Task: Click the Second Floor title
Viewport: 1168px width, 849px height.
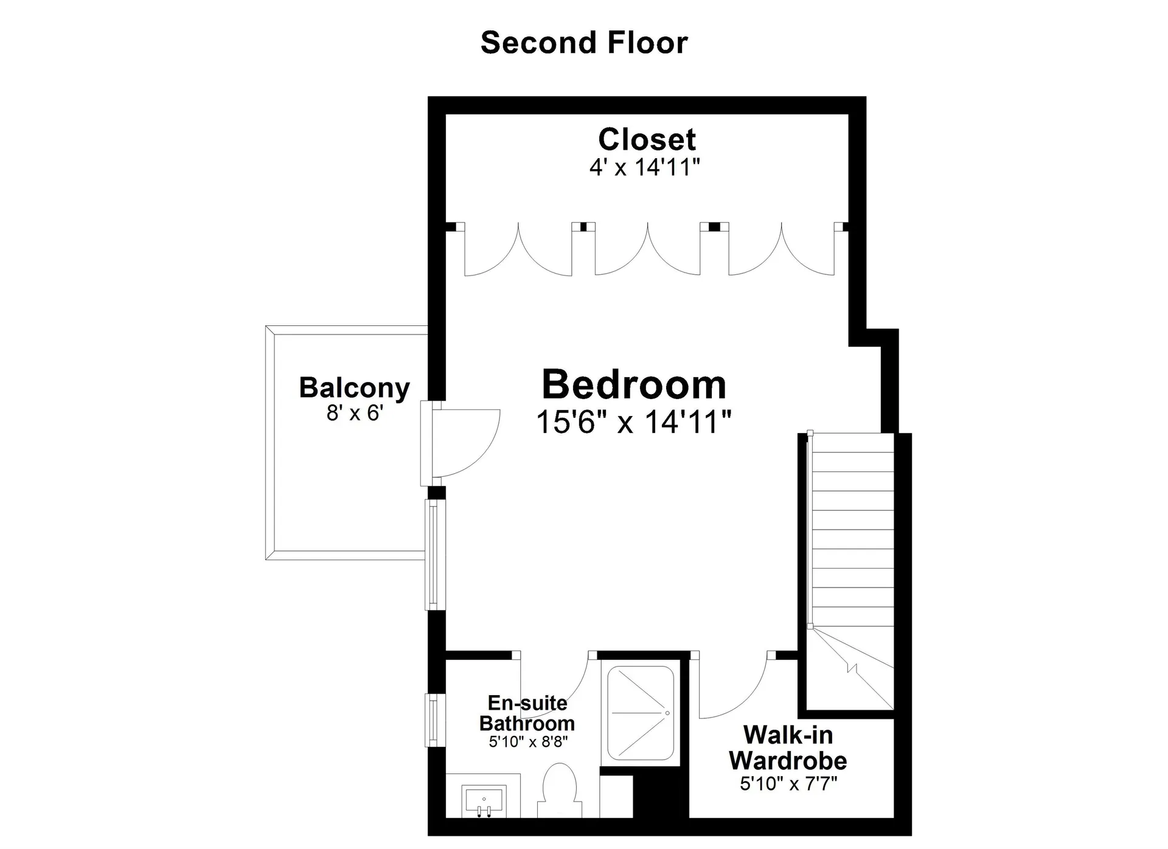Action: [x=584, y=43]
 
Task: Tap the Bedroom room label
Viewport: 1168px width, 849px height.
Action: [x=634, y=384]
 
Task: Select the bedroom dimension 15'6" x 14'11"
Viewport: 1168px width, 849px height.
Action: [x=633, y=421]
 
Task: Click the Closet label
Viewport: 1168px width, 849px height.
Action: [x=647, y=139]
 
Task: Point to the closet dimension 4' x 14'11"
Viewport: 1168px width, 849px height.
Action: [x=645, y=167]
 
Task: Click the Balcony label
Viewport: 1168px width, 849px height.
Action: [x=354, y=388]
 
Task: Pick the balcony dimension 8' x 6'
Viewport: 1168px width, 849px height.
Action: [x=355, y=414]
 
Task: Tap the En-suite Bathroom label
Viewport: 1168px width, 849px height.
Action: [x=527, y=713]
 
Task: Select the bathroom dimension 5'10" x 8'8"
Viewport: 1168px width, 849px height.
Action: [x=528, y=742]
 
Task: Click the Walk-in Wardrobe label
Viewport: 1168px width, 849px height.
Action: [x=788, y=747]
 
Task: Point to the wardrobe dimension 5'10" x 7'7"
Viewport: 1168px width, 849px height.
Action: [x=788, y=783]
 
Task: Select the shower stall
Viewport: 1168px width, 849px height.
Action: [x=641, y=713]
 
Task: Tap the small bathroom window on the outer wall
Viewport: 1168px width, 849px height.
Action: [x=431, y=721]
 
